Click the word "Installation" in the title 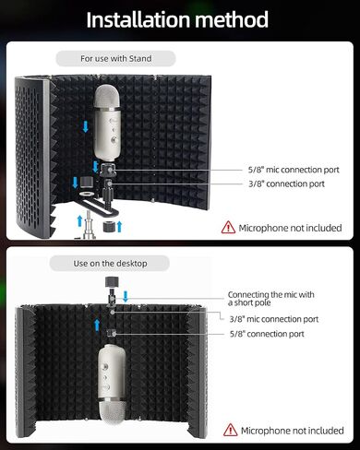(138, 19)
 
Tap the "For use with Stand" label (116, 58)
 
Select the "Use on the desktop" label (110, 264)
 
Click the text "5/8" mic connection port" (294, 170)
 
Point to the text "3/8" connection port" (286, 184)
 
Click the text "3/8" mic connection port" (274, 319)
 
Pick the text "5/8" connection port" (267, 334)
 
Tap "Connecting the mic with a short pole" (270, 299)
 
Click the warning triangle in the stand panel (228, 228)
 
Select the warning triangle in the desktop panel (230, 430)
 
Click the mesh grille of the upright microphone (107, 96)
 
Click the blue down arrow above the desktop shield (126, 297)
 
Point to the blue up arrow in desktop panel (97, 325)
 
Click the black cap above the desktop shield (112, 282)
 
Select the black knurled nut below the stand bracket (109, 227)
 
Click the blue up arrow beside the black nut (119, 227)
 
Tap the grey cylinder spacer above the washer (86, 182)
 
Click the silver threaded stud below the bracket (89, 225)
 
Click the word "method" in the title (232, 19)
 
